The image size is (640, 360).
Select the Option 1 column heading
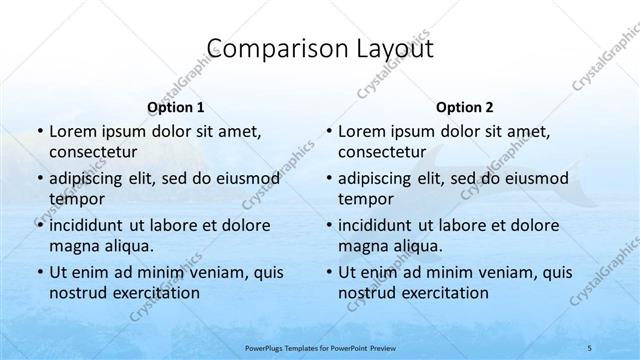pos(176,106)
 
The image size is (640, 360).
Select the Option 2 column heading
pos(465,106)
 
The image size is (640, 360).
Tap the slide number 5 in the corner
pos(619,346)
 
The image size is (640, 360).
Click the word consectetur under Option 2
pos(383,152)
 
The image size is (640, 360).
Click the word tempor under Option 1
pos(75,199)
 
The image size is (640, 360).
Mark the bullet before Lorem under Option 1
pos(38,132)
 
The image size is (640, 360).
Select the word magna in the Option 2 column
pos(361,245)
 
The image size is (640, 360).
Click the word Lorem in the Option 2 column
pos(362,131)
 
